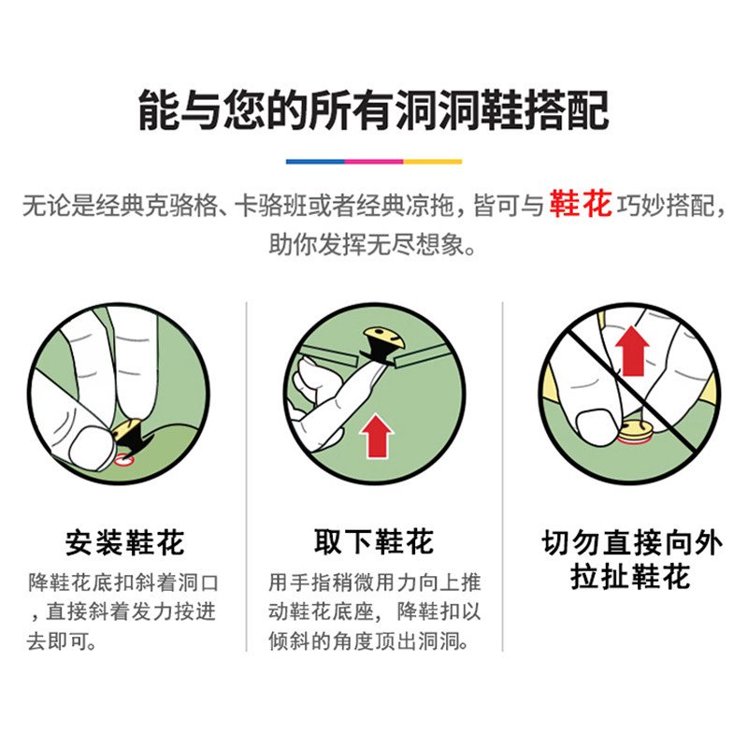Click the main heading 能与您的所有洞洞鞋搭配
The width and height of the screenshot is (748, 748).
click(373, 110)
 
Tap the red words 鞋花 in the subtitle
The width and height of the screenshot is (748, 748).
click(580, 204)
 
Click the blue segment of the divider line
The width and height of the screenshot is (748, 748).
click(315, 162)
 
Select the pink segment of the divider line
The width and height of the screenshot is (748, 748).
click(374, 162)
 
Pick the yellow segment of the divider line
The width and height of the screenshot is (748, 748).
click(433, 162)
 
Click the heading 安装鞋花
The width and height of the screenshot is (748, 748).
click(125, 542)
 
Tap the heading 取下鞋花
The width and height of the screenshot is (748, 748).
click(374, 541)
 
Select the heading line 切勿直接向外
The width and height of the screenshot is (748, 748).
click(632, 542)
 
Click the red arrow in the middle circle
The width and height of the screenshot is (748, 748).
click(377, 436)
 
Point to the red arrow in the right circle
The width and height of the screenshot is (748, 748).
click(632, 351)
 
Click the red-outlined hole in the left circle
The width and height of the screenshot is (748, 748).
click(124, 460)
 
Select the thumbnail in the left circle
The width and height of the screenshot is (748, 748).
click(92, 448)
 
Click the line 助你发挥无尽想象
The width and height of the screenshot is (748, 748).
click(372, 245)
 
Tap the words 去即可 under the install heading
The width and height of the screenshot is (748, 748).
click(62, 641)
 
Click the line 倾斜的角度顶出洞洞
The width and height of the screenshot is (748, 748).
click(368, 641)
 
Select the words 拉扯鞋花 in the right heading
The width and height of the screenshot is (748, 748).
click(630, 576)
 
